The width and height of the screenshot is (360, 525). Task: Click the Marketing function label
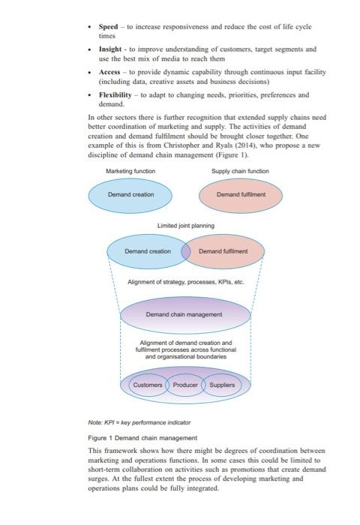click(x=130, y=171)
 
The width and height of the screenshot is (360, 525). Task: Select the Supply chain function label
click(x=240, y=171)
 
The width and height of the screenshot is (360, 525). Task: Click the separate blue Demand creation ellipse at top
click(x=130, y=194)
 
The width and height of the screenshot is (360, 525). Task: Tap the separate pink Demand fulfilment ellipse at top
click(x=241, y=194)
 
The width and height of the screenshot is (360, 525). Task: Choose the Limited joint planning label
click(x=185, y=226)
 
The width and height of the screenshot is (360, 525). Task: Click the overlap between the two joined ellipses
click(x=185, y=251)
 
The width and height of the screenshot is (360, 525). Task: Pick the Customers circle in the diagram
click(x=147, y=385)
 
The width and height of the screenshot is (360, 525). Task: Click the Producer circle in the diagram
click(x=185, y=385)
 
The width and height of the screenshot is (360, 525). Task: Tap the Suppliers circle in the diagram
click(x=222, y=385)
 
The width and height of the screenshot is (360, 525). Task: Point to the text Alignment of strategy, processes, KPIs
click(x=186, y=282)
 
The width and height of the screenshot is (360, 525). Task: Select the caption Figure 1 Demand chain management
click(x=142, y=437)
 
